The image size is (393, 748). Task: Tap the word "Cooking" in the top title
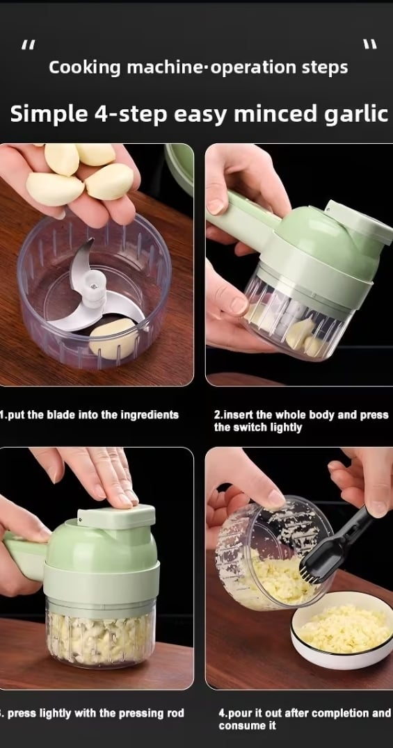[x=85, y=67]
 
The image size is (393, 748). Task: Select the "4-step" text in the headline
[x=128, y=115]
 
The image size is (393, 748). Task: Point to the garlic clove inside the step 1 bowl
[x=113, y=339]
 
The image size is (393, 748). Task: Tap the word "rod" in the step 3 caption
[x=175, y=714]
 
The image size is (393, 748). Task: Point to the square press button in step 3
[x=117, y=516]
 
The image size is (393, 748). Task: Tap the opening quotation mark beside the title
[x=29, y=45]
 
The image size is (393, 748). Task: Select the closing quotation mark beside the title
[x=370, y=44]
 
